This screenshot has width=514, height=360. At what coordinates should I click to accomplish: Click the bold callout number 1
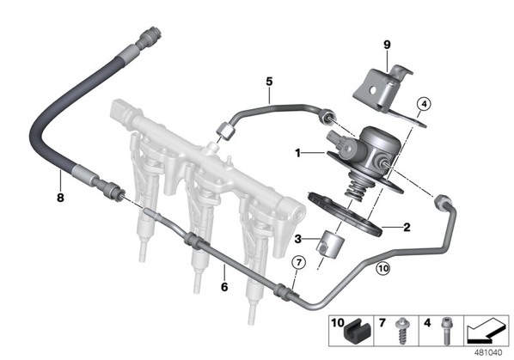(297, 153)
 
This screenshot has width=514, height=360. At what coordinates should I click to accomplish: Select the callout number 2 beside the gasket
(407, 227)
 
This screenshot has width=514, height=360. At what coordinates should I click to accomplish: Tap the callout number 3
(297, 239)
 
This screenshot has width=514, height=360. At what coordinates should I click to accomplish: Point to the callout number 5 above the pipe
(269, 82)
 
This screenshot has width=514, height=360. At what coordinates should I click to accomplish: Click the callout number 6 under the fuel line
(224, 287)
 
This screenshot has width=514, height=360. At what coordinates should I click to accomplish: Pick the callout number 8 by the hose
(60, 198)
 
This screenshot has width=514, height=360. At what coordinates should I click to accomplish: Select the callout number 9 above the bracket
(387, 45)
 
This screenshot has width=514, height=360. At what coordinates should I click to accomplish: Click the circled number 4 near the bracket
(424, 105)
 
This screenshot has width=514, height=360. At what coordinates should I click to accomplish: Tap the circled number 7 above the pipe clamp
(299, 262)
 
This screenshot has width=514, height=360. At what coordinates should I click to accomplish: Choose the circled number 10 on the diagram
(382, 269)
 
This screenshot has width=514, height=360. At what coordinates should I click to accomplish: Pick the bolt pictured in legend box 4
(445, 331)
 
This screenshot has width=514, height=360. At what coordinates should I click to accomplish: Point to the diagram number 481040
(488, 353)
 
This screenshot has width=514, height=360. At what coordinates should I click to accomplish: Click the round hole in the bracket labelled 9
(372, 89)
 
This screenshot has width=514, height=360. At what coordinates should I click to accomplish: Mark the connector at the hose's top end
(150, 38)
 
